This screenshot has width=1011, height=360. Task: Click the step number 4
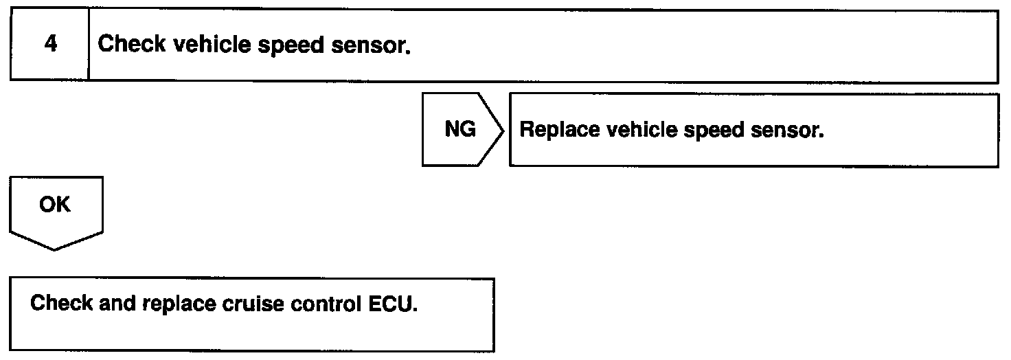click(x=49, y=45)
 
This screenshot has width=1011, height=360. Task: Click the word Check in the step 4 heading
click(x=132, y=45)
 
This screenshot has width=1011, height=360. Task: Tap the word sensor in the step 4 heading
click(x=370, y=45)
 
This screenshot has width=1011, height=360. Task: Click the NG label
click(x=459, y=130)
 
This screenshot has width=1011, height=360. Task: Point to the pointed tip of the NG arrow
click(x=504, y=130)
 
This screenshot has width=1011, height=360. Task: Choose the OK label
click(x=55, y=205)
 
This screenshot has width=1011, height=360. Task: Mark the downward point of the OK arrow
click(x=56, y=249)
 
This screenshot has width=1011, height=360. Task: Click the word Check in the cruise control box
click(x=58, y=304)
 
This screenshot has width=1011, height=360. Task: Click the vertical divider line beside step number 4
click(x=89, y=45)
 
